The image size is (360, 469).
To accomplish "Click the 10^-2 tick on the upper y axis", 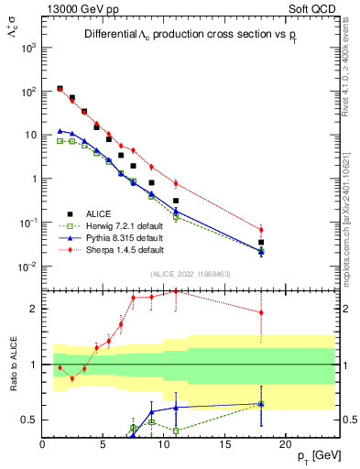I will click(x=27, y=267).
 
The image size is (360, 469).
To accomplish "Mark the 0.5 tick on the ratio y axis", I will click(x=29, y=420).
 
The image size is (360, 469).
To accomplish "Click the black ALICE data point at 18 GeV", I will click(x=261, y=242).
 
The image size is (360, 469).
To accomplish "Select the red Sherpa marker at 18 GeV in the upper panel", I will click(x=261, y=230).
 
